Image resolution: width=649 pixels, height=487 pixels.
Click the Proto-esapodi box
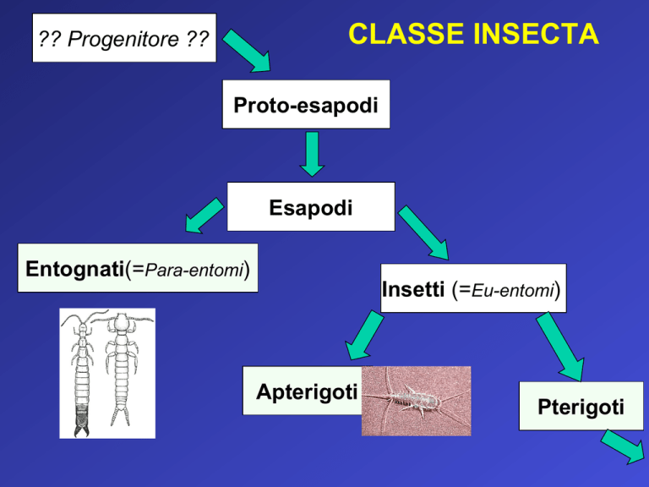(306, 104)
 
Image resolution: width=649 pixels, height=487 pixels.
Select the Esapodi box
(311, 206)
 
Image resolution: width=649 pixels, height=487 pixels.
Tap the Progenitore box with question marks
(124, 38)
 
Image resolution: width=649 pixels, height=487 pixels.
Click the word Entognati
(75, 268)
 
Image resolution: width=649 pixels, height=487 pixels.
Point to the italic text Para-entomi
(194, 270)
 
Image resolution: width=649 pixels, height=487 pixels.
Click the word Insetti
(413, 289)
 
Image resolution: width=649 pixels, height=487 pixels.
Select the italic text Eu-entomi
(513, 290)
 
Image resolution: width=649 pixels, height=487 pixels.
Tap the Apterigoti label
(307, 391)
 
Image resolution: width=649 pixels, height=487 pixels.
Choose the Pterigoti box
(581, 406)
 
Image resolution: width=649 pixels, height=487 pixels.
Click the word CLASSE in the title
(406, 34)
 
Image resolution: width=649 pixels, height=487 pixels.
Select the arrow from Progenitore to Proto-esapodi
(247, 51)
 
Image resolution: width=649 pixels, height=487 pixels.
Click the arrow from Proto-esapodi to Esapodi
(312, 154)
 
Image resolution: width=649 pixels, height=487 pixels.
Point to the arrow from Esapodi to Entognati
(205, 216)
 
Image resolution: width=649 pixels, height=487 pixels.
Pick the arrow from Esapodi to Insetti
(423, 233)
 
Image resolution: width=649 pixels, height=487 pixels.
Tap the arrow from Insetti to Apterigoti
(365, 336)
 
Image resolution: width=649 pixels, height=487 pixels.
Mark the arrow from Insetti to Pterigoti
(560, 347)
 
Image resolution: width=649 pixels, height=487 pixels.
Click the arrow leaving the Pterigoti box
(624, 446)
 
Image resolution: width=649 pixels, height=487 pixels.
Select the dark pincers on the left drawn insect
(81, 421)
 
